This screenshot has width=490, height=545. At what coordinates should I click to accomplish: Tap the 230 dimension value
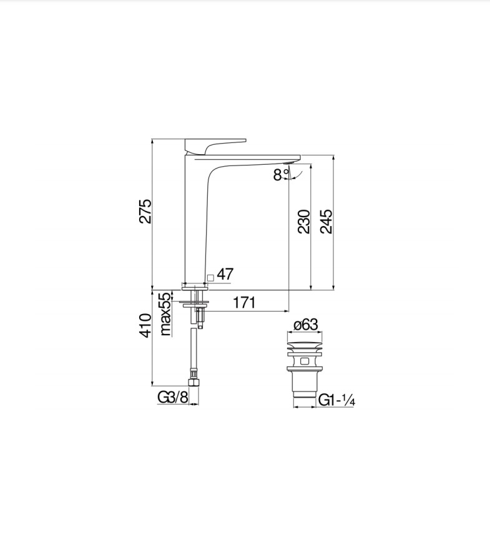303,221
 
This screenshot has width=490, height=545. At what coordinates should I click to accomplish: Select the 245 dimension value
326,221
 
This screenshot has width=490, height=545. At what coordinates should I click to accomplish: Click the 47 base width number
225,274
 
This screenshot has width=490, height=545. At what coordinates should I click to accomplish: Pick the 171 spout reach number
244,303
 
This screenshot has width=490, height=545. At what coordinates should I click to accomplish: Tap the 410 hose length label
145,325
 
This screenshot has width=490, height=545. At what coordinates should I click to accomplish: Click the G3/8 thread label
172,397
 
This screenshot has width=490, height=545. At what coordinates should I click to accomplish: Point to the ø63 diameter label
305,325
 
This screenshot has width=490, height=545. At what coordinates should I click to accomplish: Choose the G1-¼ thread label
337,400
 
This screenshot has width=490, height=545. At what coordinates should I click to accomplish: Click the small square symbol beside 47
210,277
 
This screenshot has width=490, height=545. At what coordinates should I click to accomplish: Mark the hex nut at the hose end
194,381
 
